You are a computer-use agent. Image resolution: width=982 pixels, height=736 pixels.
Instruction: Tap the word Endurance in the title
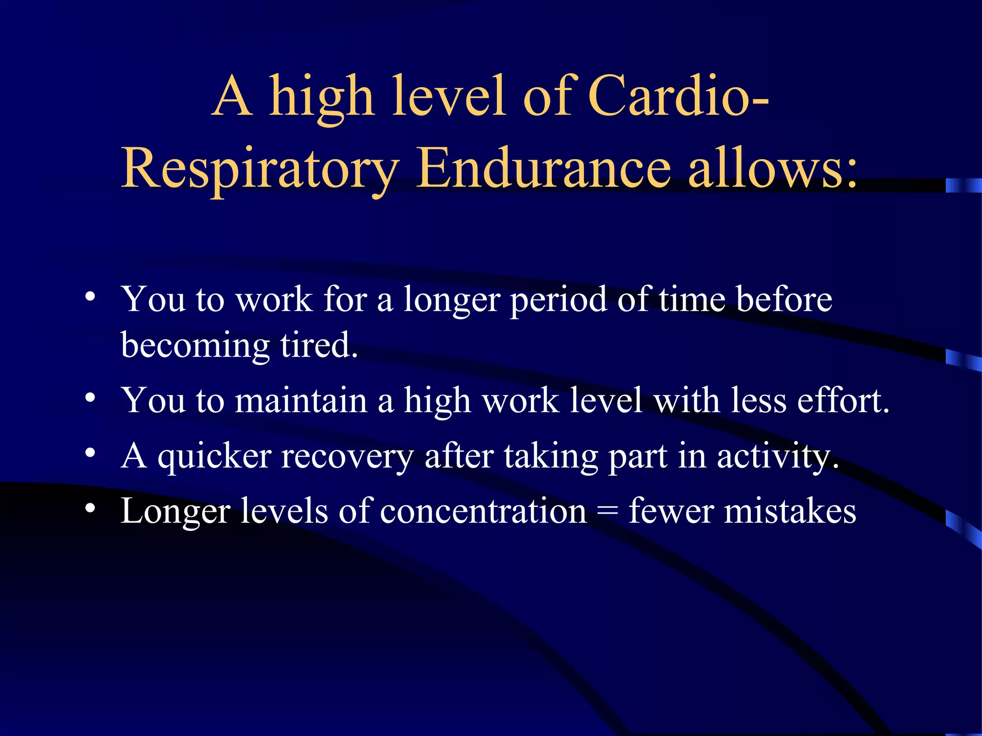(x=543, y=168)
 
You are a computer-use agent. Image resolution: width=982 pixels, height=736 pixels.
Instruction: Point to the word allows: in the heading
(x=772, y=168)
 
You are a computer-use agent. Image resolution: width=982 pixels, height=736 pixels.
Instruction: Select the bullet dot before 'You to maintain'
(x=90, y=397)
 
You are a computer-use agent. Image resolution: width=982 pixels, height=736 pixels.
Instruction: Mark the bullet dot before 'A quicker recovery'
(x=90, y=453)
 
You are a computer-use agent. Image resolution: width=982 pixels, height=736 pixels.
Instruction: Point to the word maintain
(x=301, y=400)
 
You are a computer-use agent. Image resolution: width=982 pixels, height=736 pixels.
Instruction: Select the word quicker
(x=214, y=457)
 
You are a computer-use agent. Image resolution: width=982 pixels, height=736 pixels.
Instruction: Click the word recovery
(x=346, y=457)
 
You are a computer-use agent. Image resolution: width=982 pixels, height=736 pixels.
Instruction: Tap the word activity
(x=777, y=457)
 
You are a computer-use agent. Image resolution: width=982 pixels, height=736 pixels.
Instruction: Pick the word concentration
(x=483, y=511)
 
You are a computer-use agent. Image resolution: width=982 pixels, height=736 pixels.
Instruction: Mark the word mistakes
(x=790, y=511)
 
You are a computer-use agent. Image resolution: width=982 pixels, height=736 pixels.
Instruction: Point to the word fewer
(x=671, y=511)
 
